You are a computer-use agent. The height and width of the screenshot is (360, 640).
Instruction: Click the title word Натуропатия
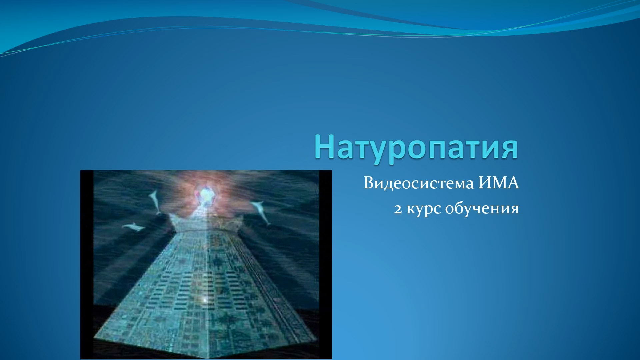pos(416,148)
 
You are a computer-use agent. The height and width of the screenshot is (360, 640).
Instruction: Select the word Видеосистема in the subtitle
pos(419,183)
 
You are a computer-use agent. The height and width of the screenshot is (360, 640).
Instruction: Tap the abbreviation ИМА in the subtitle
pos(499,183)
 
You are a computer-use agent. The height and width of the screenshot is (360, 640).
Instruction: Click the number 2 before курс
pos(398,209)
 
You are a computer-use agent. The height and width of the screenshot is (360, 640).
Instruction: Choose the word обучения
pos(482,209)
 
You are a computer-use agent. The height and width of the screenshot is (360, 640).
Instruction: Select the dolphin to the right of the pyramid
pos(261,212)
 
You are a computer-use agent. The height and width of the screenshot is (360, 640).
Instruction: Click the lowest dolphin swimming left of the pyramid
pos(133,227)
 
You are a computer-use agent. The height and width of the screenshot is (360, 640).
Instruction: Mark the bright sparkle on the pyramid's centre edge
pos(205,300)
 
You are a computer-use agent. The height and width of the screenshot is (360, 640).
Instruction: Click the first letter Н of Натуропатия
pos(324,147)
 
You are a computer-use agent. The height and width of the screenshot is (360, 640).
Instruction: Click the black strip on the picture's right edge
pos(325,265)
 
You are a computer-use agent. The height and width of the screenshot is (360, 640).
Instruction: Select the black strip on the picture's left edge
pos(87,265)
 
